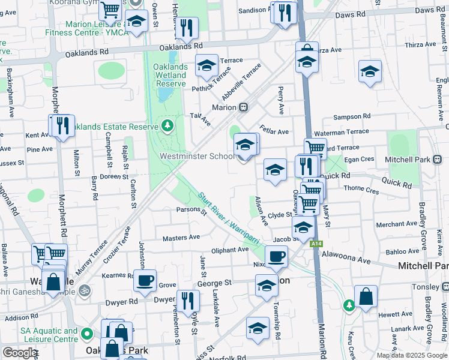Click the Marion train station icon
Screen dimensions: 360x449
[244, 107]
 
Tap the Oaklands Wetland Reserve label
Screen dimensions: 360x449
[172, 75]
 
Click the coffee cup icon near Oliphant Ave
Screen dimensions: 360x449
[276, 257]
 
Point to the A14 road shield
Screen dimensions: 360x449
[316, 244]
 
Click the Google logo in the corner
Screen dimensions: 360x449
[20, 353]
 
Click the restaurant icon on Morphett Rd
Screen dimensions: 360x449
[61, 125]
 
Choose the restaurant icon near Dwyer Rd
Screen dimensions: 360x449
[188, 300]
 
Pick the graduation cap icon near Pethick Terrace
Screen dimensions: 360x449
[206, 66]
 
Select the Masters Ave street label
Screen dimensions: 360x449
[181, 238]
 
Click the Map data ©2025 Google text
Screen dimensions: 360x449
[412, 355]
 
